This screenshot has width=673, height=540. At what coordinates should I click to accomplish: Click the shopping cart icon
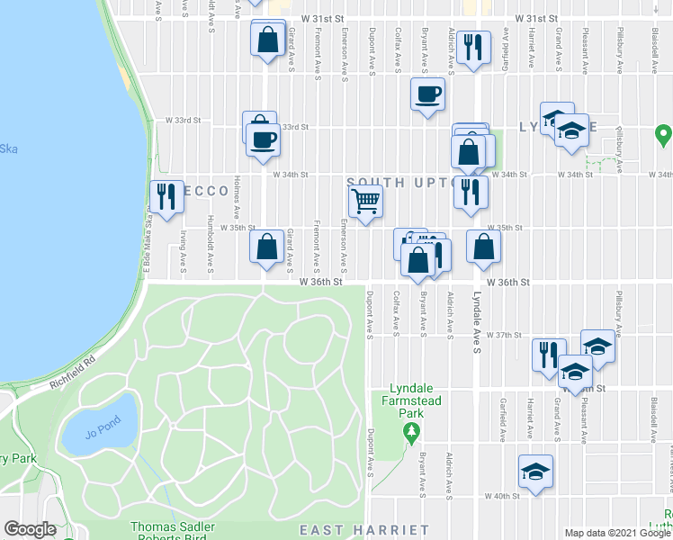[x=366, y=202]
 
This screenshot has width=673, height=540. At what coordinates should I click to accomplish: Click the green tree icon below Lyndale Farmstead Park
[x=412, y=433]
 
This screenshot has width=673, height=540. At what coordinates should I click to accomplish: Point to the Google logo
[x=31, y=529]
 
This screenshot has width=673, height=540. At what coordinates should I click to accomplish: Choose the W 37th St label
[x=504, y=335]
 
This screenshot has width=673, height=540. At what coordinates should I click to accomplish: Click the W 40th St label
[x=503, y=496]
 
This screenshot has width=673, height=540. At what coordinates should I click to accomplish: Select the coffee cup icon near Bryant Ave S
[x=428, y=93]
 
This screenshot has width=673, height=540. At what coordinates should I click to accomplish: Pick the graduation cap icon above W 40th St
[x=536, y=471]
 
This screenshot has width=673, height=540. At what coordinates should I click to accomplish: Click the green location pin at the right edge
[x=664, y=137]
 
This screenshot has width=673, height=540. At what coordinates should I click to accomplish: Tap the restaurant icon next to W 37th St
[x=548, y=354]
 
